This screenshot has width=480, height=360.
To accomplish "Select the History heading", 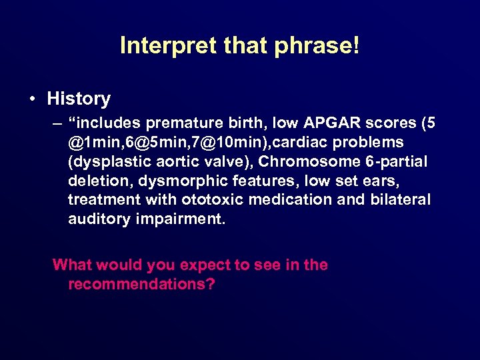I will [x=79, y=99].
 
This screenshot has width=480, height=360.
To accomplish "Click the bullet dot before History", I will [x=33, y=99].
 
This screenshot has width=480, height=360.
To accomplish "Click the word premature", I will [x=179, y=123].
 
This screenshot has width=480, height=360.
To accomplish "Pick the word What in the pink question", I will [x=72, y=265].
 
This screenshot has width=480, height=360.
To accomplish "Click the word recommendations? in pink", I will [x=141, y=284].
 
